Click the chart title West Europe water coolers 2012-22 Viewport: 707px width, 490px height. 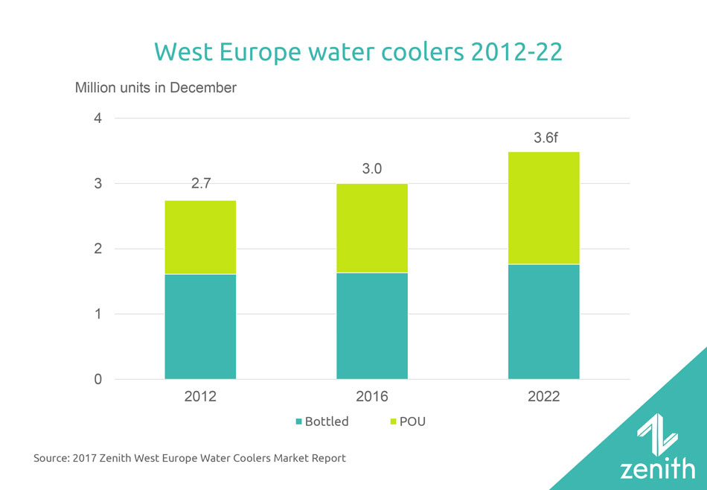(353, 52)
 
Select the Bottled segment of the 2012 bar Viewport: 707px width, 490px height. (200, 326)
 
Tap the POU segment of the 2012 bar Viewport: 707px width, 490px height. (200, 237)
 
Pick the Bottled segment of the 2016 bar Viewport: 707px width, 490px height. (371, 325)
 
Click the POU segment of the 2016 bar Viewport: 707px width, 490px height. (371, 228)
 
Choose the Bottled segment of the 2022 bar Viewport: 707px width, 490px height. (543, 321)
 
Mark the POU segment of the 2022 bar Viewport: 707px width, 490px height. (543, 208)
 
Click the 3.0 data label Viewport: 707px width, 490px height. (371, 169)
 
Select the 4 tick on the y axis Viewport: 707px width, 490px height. (98, 118)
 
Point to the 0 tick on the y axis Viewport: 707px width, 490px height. (98, 380)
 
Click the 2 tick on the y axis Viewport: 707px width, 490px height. (98, 249)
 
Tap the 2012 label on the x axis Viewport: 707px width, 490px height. (200, 397)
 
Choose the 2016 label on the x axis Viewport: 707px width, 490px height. (371, 397)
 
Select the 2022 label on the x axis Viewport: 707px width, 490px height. (543, 397)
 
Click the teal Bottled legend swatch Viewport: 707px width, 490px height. (298, 422)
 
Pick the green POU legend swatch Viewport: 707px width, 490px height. (394, 422)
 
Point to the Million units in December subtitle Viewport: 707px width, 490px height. (156, 88)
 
